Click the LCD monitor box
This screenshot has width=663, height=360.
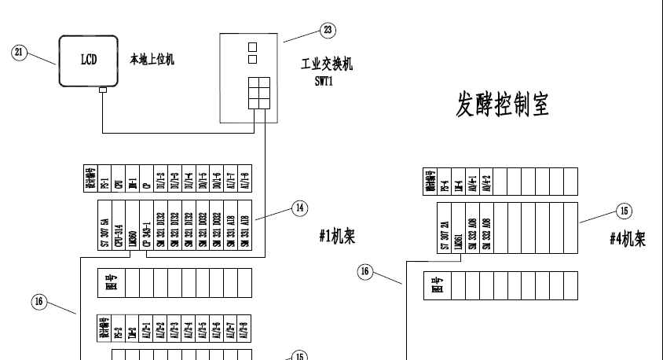[x=89, y=61]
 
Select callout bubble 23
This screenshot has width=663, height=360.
[x=327, y=30]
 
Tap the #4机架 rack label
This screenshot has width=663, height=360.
[x=628, y=239]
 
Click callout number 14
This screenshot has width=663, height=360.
[x=299, y=208]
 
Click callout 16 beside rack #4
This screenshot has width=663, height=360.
[x=364, y=270]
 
